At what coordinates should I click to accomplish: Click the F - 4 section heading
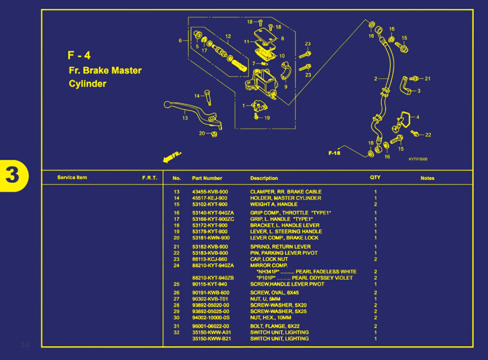(x=79, y=55)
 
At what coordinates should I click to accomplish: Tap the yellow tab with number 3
(x=13, y=175)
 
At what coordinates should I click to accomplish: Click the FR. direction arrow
(x=172, y=157)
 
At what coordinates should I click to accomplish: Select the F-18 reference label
(x=334, y=153)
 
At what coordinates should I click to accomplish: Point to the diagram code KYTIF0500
(x=418, y=159)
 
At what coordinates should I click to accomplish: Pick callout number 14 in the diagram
(x=197, y=96)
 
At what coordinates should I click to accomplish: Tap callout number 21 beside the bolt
(x=427, y=79)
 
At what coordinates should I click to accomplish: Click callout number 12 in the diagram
(x=228, y=36)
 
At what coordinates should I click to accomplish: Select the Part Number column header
(x=207, y=178)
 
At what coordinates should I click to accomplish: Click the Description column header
(x=264, y=178)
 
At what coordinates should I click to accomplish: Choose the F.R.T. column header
(x=149, y=178)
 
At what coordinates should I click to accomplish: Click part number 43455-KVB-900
(x=210, y=192)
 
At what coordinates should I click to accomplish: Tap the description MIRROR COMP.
(x=269, y=265)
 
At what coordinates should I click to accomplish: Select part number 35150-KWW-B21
(x=211, y=339)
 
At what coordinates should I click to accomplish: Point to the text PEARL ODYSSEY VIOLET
(x=322, y=278)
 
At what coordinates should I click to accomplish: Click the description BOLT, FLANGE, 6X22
(x=275, y=326)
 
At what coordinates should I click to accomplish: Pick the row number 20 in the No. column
(x=177, y=238)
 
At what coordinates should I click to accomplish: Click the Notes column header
(x=427, y=178)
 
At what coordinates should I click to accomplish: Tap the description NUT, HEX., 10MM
(x=271, y=318)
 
